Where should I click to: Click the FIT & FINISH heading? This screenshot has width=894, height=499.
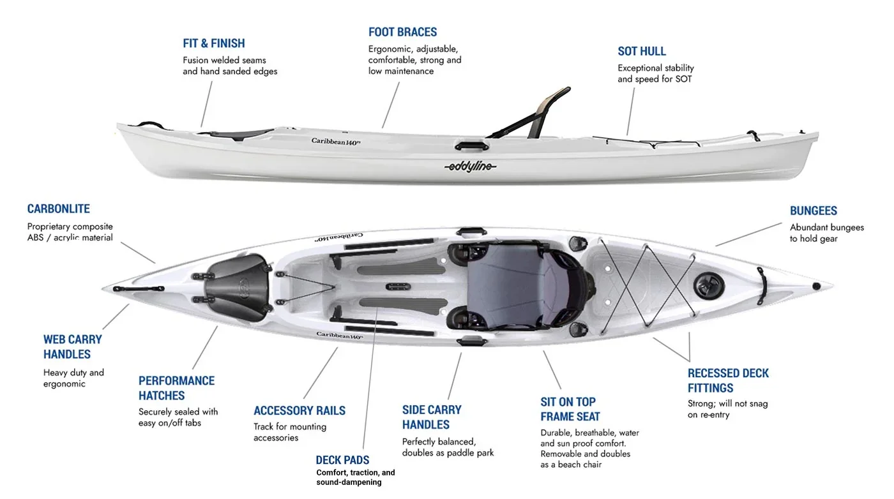pyautogui.click(x=214, y=43)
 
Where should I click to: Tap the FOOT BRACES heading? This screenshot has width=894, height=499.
pyautogui.click(x=402, y=32)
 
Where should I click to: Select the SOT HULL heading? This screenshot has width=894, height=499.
pyautogui.click(x=642, y=51)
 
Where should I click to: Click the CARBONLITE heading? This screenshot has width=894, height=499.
pyautogui.click(x=58, y=209)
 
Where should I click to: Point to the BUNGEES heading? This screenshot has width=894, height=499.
pyautogui.click(x=813, y=211)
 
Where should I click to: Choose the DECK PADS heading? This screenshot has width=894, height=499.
pyautogui.click(x=342, y=460)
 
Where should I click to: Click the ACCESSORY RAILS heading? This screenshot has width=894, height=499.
pyautogui.click(x=299, y=410)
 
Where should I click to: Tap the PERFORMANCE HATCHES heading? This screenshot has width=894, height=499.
pyautogui.click(x=176, y=388)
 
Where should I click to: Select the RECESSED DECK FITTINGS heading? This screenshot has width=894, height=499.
pyautogui.click(x=728, y=380)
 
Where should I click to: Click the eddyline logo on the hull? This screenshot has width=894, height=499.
pyautogui.click(x=470, y=167)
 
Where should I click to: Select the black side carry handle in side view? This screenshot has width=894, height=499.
pyautogui.click(x=472, y=145)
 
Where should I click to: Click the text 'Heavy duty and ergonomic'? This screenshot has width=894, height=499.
pyautogui.click(x=73, y=378)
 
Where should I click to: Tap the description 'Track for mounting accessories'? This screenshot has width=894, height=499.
pyautogui.click(x=290, y=432)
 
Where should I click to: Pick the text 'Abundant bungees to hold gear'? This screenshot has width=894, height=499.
pyautogui.click(x=826, y=233)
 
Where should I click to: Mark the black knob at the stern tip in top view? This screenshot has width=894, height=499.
pyautogui.click(x=816, y=286)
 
